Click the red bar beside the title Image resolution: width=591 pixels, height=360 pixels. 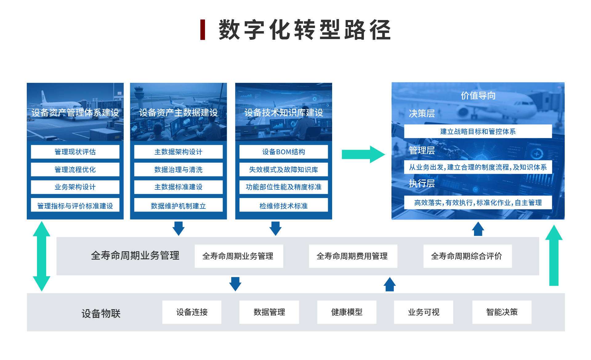(203, 30)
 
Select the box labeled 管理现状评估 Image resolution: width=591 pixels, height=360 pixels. (75, 152)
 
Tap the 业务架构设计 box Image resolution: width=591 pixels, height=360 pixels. (75, 187)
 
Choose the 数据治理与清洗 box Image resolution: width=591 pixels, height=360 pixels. (178, 169)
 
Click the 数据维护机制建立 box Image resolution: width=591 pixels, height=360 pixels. (178, 205)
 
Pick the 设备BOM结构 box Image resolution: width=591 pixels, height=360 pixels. (283, 152)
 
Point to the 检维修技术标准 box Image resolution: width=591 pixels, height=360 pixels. (283, 205)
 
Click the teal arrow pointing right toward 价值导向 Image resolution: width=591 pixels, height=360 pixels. (363, 154)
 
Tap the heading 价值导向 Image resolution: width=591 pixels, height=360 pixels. (478, 96)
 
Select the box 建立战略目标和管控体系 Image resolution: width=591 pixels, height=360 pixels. (478, 131)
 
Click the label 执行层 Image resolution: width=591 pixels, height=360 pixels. (422, 184)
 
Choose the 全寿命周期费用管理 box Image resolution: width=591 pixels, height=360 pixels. (353, 256)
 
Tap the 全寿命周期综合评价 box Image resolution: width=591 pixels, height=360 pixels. (467, 256)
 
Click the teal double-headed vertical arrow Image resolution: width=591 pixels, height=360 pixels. (42, 256)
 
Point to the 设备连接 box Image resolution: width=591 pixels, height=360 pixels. (192, 312)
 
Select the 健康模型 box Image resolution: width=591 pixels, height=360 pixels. (347, 312)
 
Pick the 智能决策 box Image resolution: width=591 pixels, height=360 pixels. (502, 312)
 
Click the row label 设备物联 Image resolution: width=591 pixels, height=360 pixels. (101, 313)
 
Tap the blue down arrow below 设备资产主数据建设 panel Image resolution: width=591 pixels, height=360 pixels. (179, 228)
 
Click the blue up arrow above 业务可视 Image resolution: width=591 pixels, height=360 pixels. (390, 284)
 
